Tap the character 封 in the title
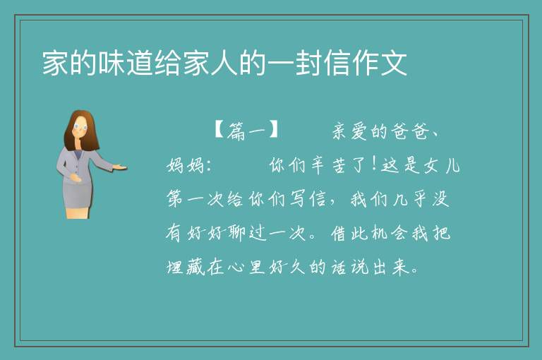[308, 63]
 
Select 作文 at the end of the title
[379, 63]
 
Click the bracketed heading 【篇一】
[246, 131]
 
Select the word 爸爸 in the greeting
[409, 131]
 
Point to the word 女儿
[442, 165]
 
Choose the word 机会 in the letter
[390, 233]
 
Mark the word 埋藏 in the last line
[186, 267]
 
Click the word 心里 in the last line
[246, 267]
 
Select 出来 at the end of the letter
[392, 267]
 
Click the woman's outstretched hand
[119, 168]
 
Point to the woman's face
[80, 126]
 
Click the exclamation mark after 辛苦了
[374, 164]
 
